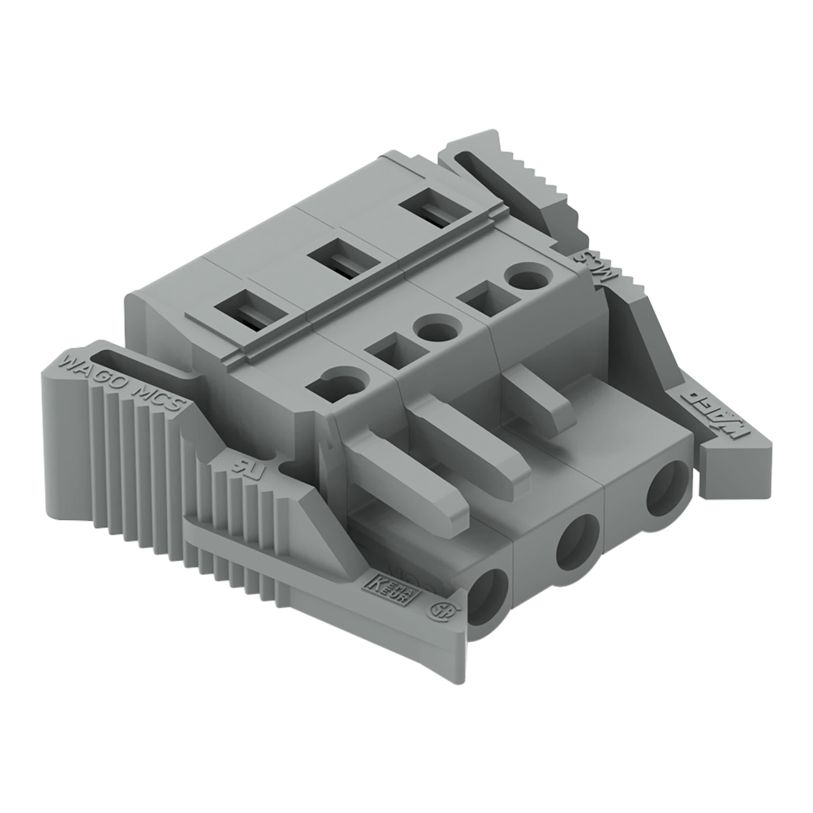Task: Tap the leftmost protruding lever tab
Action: pos(417,492)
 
